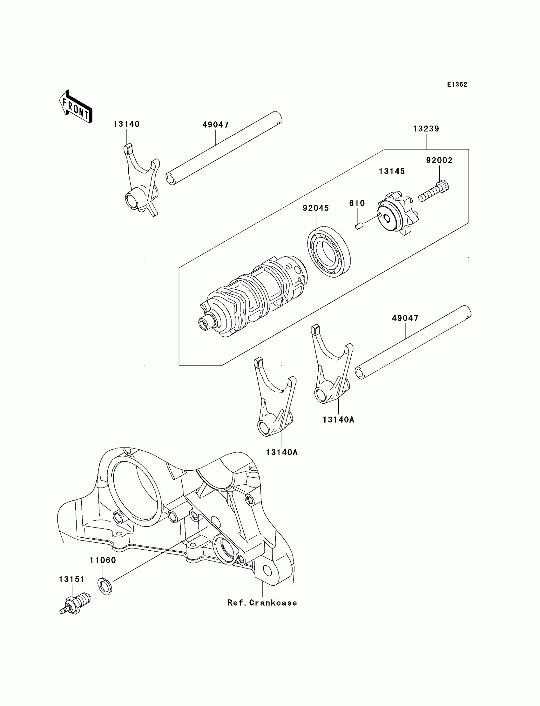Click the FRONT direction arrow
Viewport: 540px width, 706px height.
76,107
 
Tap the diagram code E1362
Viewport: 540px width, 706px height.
457,84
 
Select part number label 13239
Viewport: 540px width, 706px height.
426,129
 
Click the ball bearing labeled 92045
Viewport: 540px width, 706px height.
329,251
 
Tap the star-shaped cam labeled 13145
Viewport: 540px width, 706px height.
398,215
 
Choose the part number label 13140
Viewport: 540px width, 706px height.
126,124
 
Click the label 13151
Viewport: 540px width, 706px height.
72,579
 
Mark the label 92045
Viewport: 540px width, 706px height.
316,208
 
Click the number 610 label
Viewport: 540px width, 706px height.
357,203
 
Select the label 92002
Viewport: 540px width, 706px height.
439,160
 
